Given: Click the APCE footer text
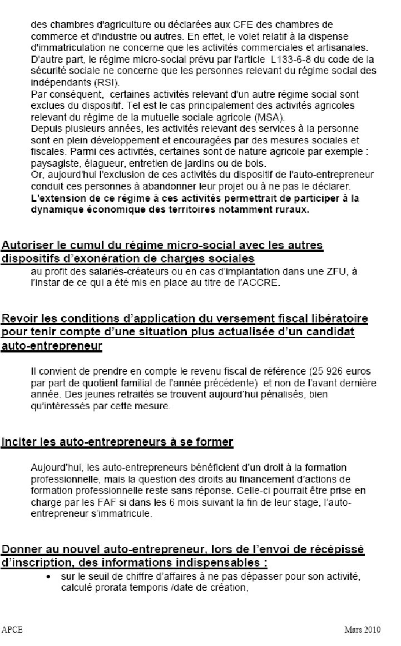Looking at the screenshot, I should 12,630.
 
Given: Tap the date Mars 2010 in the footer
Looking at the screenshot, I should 362,630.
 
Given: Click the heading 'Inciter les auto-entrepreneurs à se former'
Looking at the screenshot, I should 117,443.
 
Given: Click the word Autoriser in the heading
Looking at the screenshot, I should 24,246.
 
